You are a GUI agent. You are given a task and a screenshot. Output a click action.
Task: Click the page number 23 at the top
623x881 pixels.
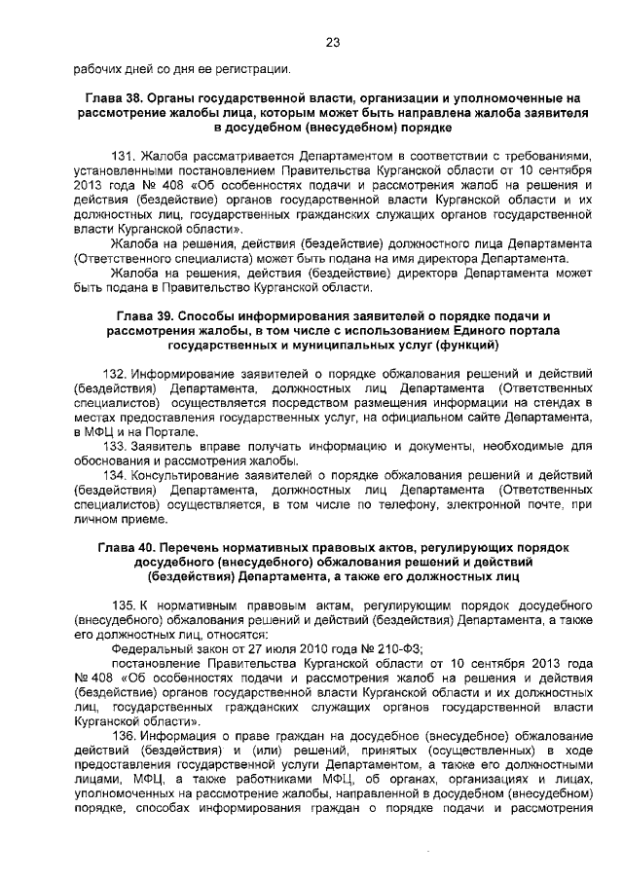[331, 42]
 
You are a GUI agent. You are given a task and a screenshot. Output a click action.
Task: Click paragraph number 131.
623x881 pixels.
[125, 155]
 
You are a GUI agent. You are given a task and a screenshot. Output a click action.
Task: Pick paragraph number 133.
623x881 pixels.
[116, 446]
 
